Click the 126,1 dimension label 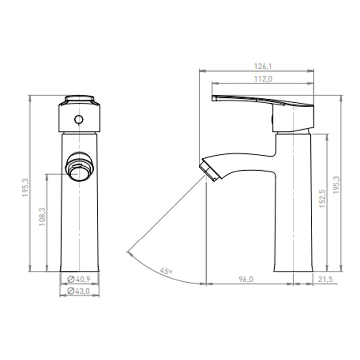pyautogui.click(x=263, y=66)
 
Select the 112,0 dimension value pyautogui.click(x=263, y=79)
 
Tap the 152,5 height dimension pyautogui.click(x=323, y=199)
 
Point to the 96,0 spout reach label pyautogui.click(x=246, y=279)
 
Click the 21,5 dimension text pyautogui.click(x=325, y=279)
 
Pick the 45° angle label pyautogui.click(x=166, y=271)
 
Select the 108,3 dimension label pyautogui.click(x=42, y=217)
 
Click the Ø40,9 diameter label pyautogui.click(x=79, y=279)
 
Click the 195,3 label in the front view pyautogui.click(x=26, y=188)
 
